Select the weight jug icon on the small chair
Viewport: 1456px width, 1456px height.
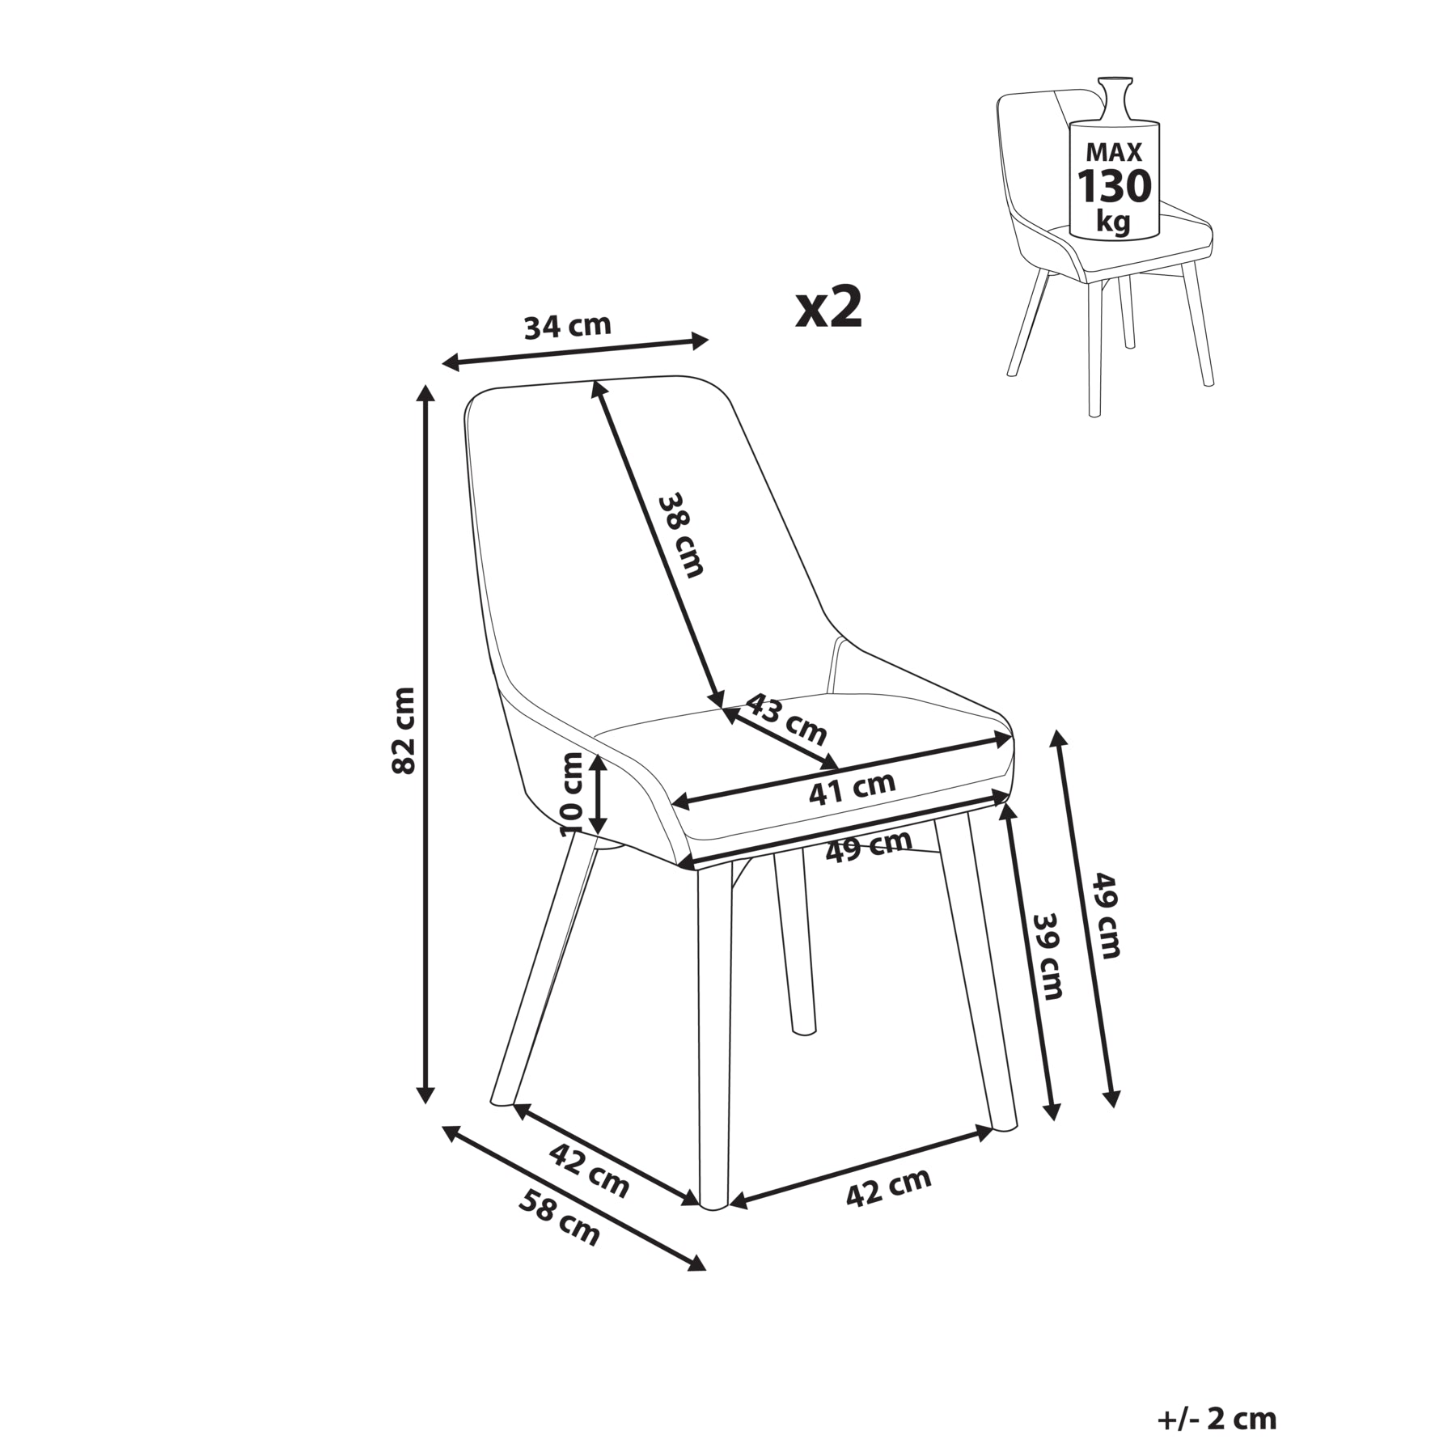click(1114, 159)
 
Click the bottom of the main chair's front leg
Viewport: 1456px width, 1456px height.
click(713, 1205)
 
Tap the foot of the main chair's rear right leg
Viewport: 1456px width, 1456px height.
click(1003, 1123)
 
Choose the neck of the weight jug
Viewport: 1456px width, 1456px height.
click(1114, 100)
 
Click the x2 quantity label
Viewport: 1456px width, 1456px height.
click(829, 308)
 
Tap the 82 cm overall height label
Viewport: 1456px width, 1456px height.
click(404, 730)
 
